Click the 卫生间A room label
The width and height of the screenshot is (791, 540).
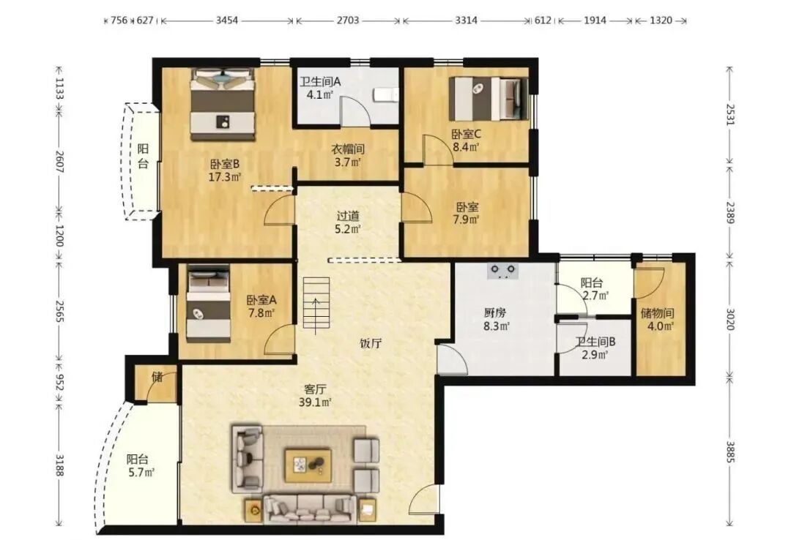click(x=320, y=81)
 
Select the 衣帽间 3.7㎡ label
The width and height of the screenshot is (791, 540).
click(x=348, y=155)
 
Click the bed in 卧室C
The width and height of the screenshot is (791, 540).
click(x=489, y=99)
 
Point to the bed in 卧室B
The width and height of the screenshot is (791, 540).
click(x=223, y=105)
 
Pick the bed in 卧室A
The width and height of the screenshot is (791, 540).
click(x=208, y=304)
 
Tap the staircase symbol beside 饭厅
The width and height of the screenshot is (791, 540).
click(x=316, y=305)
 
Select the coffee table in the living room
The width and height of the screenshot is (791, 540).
click(x=308, y=465)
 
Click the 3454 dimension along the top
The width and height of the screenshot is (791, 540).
click(x=227, y=20)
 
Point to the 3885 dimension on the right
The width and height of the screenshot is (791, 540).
click(x=730, y=451)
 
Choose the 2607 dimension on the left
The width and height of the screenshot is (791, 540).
click(x=59, y=162)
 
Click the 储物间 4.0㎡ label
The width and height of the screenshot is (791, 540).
click(x=658, y=320)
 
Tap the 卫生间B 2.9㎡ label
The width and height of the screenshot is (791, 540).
click(x=595, y=348)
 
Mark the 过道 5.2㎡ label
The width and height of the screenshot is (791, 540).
click(x=348, y=222)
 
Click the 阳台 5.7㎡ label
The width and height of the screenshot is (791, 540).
click(x=140, y=465)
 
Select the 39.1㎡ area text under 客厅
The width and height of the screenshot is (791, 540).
click(x=315, y=402)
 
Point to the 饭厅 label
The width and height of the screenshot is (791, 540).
click(x=371, y=343)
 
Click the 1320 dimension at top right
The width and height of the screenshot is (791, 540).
click(x=661, y=20)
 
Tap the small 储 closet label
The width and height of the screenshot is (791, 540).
click(x=157, y=376)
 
